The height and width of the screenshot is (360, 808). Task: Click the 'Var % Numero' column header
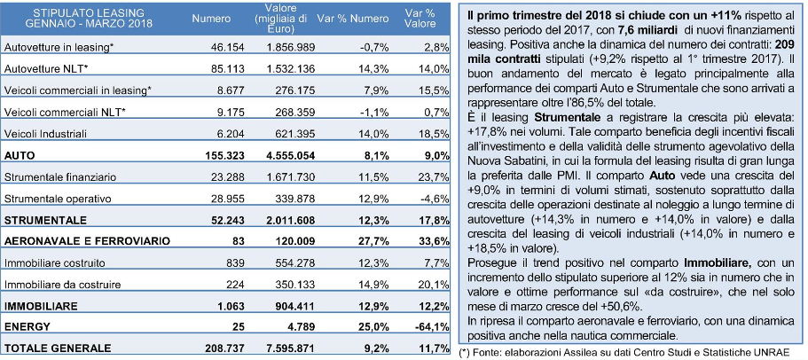(x=352, y=19)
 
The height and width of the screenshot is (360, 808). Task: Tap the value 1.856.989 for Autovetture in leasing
(x=291, y=47)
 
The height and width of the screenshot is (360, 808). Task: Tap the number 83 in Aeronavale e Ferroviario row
(x=239, y=241)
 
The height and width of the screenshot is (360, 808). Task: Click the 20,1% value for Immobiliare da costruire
(x=436, y=285)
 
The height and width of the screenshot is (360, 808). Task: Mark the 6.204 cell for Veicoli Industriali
(x=231, y=133)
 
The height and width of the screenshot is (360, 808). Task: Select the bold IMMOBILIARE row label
(x=41, y=306)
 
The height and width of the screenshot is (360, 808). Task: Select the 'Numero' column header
(x=211, y=19)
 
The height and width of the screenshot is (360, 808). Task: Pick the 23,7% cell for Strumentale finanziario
(x=436, y=176)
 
